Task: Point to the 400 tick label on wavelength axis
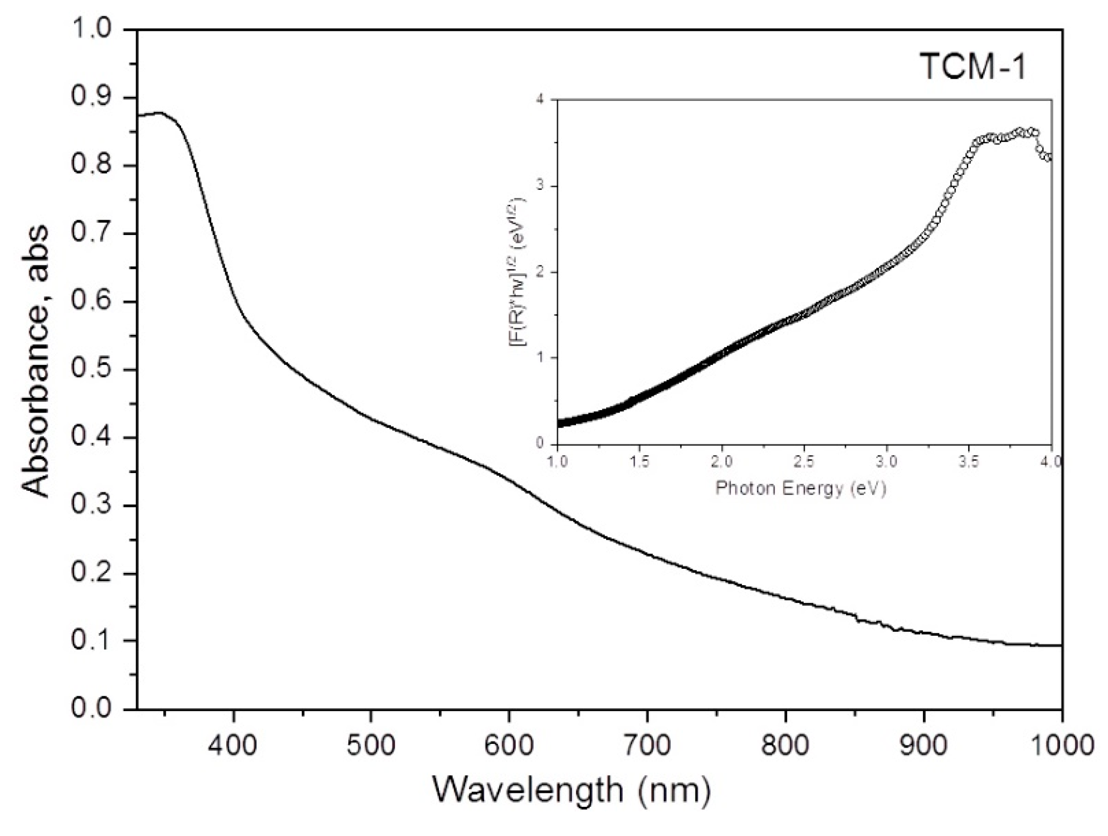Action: pyautogui.click(x=233, y=746)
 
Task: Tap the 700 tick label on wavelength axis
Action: pyautogui.click(x=647, y=746)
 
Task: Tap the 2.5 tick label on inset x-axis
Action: pyautogui.click(x=804, y=461)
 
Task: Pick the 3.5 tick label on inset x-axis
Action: pyautogui.click(x=968, y=461)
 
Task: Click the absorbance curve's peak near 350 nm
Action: pyautogui.click(x=159, y=113)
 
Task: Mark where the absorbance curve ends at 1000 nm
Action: pyautogui.click(x=1060, y=646)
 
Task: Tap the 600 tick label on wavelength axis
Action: pyautogui.click(x=509, y=746)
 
